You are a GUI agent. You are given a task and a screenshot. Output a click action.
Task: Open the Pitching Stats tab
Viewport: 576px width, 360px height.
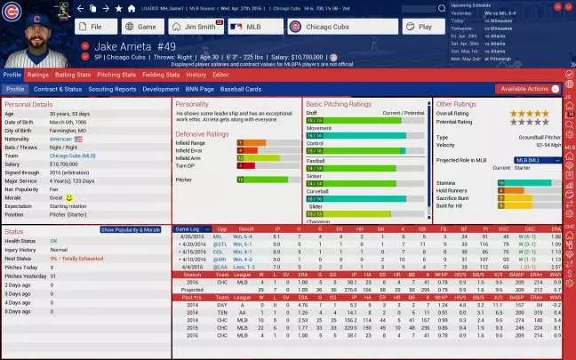116,75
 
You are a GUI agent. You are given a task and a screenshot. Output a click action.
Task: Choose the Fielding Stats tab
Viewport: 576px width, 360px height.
160,75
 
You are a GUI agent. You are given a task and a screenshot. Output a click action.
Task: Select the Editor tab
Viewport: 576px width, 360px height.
220,75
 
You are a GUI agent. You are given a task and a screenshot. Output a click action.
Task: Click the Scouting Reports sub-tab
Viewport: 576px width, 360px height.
113,89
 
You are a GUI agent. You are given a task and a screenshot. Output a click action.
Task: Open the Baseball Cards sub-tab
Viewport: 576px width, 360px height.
241,89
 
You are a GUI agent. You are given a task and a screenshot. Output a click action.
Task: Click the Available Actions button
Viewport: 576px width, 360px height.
528,89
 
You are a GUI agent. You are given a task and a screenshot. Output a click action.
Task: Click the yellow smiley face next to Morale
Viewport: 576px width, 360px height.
68,196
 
